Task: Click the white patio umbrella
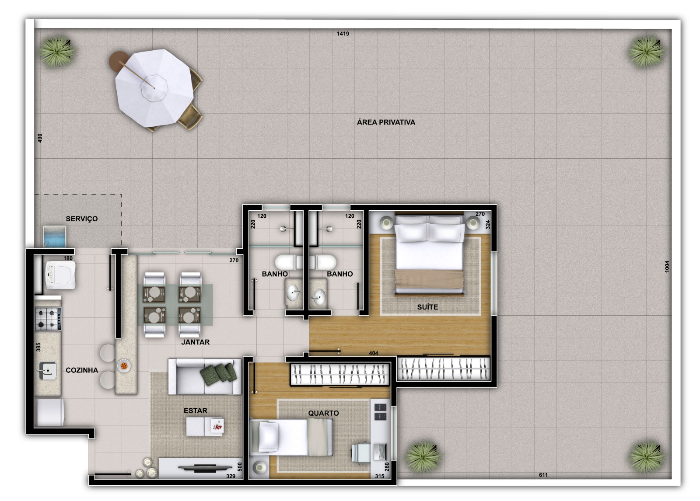[154, 87]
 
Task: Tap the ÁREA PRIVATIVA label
[386, 122]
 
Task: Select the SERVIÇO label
[82, 219]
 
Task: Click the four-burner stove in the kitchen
[48, 318]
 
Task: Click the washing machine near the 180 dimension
[61, 275]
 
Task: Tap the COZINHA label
[82, 370]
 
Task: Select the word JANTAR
[195, 342]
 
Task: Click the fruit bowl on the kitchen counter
[124, 365]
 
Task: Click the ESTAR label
[195, 411]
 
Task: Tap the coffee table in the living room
[205, 426]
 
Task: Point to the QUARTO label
[323, 413]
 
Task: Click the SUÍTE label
[427, 307]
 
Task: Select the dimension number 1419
[343, 34]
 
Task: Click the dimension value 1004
[667, 266]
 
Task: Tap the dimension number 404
[373, 353]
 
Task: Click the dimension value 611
[543, 475]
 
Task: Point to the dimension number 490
[40, 138]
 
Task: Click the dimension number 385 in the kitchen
[38, 347]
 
